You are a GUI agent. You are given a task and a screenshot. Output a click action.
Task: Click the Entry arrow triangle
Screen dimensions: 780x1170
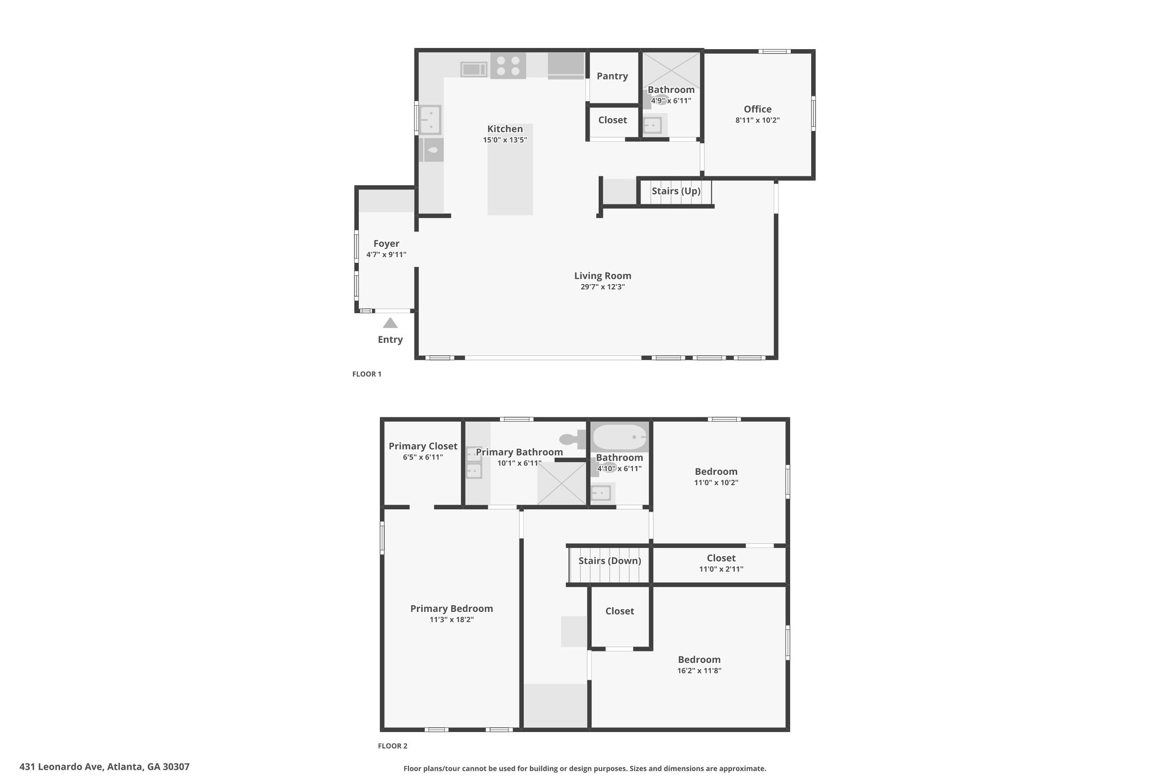coord(390,323)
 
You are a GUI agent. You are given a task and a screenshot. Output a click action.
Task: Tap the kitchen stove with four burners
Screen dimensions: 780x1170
coord(508,65)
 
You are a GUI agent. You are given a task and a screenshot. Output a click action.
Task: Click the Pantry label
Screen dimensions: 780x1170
coord(612,76)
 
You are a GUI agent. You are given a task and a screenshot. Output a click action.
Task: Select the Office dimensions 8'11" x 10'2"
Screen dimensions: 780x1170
coord(758,121)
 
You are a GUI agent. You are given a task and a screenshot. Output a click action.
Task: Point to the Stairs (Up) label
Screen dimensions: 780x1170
coord(676,191)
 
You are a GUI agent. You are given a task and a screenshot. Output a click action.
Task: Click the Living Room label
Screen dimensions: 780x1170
coord(603,276)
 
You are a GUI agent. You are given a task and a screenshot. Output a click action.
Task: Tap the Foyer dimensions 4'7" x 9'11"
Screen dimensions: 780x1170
coord(386,255)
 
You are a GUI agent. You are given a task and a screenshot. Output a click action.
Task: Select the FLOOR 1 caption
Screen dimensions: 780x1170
coord(367,374)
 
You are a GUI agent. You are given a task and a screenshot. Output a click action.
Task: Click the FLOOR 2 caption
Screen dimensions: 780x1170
coord(392,746)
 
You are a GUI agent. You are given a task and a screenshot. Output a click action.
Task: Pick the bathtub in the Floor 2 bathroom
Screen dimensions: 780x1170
coord(620,438)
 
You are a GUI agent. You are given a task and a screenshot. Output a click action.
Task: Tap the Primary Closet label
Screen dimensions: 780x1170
coord(423,446)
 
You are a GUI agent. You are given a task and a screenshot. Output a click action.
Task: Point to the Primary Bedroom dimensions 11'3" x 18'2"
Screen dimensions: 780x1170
coord(451,619)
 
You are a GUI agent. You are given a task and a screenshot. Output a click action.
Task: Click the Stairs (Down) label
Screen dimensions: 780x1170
coord(610,561)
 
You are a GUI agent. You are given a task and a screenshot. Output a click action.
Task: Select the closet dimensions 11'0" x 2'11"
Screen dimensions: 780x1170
coord(721,569)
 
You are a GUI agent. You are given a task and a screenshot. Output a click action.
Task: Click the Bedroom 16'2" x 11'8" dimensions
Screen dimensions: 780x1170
coord(699,671)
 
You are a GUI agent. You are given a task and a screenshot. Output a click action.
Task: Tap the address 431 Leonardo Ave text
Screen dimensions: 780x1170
coord(105,767)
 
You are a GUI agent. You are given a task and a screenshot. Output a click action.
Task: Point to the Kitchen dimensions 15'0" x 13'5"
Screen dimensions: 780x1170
coord(505,140)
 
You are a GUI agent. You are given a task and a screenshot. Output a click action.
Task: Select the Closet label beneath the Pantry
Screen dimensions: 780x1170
coord(612,120)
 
